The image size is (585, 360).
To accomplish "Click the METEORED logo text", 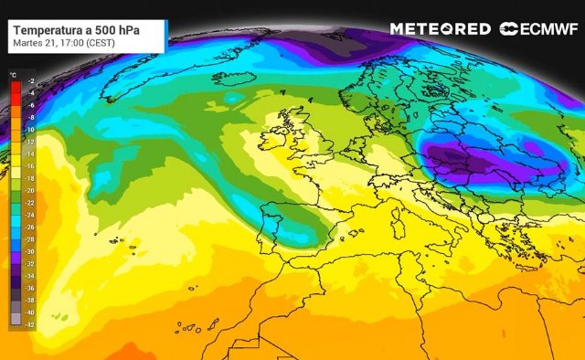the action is click(x=440, y=29).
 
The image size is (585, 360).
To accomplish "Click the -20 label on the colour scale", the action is click(x=31, y=190).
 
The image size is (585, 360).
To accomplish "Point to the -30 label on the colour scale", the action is click(x=31, y=250).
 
